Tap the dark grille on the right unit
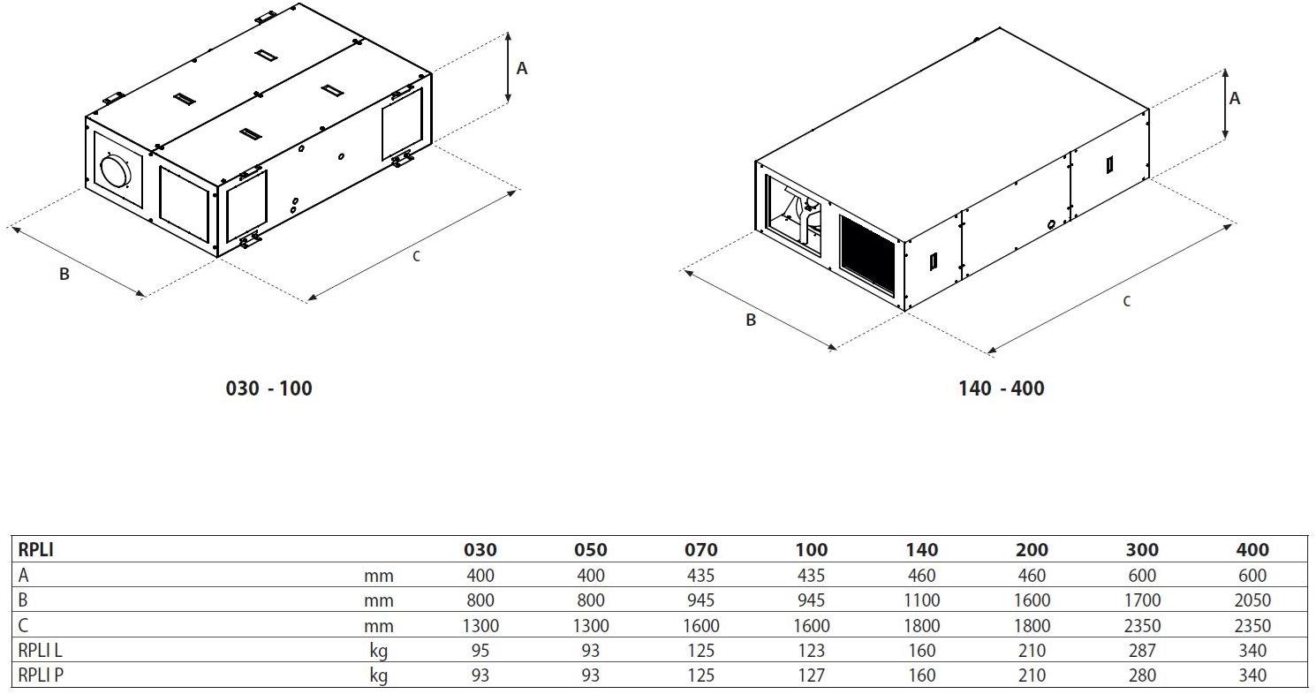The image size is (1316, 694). point(867,255)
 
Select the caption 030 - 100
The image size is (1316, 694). point(269,388)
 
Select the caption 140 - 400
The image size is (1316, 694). point(1002,388)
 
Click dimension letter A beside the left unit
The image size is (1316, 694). point(522,69)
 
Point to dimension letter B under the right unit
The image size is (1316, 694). point(750,321)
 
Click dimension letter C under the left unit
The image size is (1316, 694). point(416,257)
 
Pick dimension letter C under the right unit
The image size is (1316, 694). point(1126,302)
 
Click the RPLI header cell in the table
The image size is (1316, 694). point(36,549)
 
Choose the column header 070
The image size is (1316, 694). point(701,549)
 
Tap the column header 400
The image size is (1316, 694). point(1252,549)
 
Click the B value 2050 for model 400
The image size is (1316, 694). point(1252,600)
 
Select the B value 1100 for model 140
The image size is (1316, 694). point(921,600)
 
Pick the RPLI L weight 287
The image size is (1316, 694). point(1142,651)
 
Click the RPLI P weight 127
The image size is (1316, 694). point(811,675)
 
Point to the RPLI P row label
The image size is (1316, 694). point(41,675)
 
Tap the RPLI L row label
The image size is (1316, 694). point(40,651)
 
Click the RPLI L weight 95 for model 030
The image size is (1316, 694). point(480,651)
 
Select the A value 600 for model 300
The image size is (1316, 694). point(1142,576)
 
